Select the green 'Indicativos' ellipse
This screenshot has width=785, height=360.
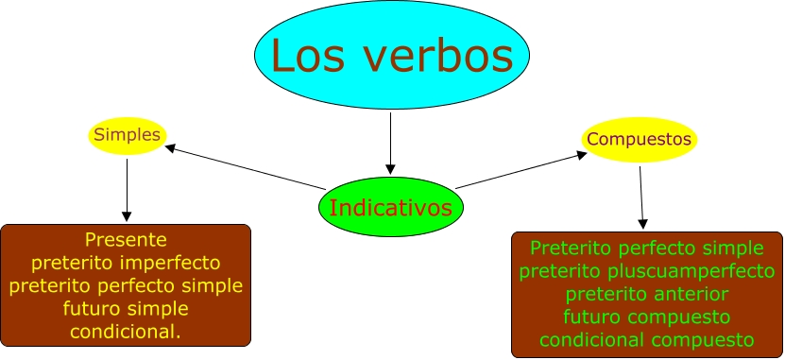pyautogui.click(x=391, y=207)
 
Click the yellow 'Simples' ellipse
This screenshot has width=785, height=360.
pyautogui.click(x=128, y=135)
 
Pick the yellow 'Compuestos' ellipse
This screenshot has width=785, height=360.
pyautogui.click(x=639, y=139)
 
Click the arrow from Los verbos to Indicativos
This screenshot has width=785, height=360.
pyautogui.click(x=390, y=144)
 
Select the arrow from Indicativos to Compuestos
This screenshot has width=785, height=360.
pyautogui.click(x=521, y=170)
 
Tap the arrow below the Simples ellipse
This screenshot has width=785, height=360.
pyautogui.click(x=127, y=190)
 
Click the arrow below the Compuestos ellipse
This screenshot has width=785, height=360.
pyautogui.click(x=641, y=197)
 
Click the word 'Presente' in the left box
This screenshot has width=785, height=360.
pyautogui.click(x=126, y=240)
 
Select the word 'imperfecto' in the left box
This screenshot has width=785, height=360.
pyautogui.click(x=170, y=263)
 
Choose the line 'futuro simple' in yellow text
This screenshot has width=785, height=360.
pyautogui.click(x=126, y=308)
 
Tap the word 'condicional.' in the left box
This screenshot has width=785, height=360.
pyautogui.click(x=126, y=331)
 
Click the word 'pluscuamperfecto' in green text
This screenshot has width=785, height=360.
pyautogui.click(x=691, y=272)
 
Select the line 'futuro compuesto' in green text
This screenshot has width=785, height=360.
pyautogui.click(x=647, y=317)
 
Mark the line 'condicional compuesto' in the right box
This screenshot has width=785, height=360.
pyautogui.click(x=647, y=340)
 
